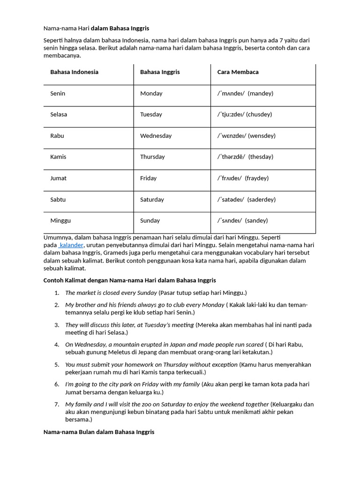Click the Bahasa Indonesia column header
click(x=74, y=72)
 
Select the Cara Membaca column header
click(x=238, y=72)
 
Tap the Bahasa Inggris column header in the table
click(x=160, y=72)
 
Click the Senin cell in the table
click(x=58, y=93)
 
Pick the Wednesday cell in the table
click(x=156, y=136)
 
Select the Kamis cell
click(x=58, y=157)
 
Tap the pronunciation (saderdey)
click(x=261, y=200)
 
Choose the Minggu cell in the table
click(x=60, y=221)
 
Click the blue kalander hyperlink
click(x=71, y=245)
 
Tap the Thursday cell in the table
click(x=152, y=157)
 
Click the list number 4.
click(x=57, y=345)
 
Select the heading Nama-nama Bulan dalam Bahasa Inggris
click(x=99, y=432)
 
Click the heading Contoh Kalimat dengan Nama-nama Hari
click(x=129, y=280)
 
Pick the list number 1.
click(x=57, y=293)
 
